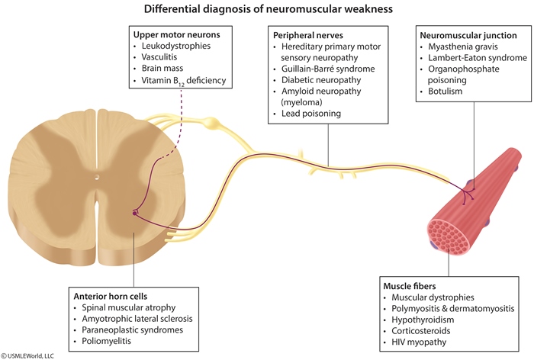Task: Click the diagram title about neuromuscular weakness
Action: tap(267, 10)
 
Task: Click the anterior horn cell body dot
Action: tap(135, 214)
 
